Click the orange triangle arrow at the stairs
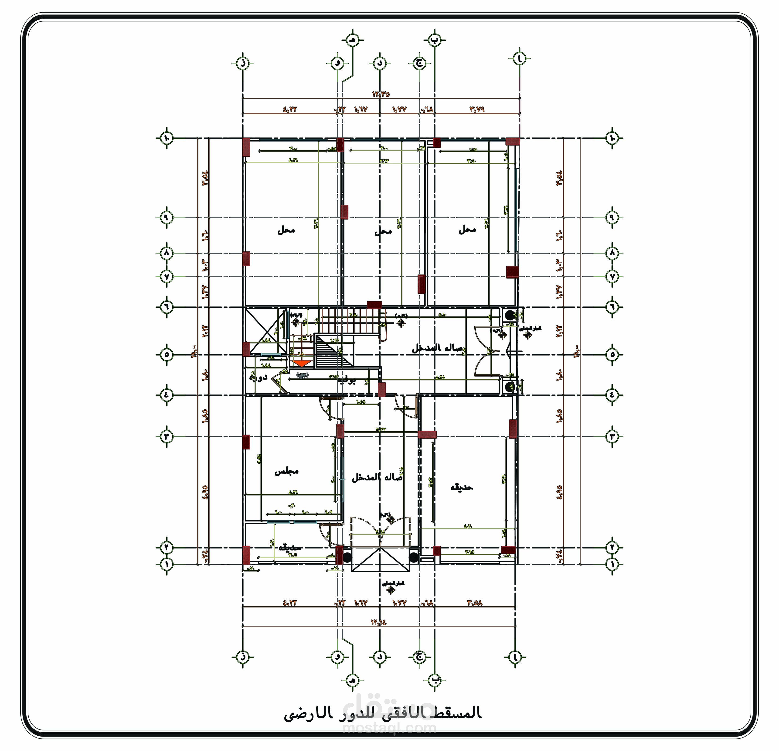tap(301, 363)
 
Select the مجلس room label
tap(286, 472)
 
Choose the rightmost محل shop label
tap(467, 229)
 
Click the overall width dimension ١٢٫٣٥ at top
tap(381, 94)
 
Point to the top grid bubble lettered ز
tap(242, 63)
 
